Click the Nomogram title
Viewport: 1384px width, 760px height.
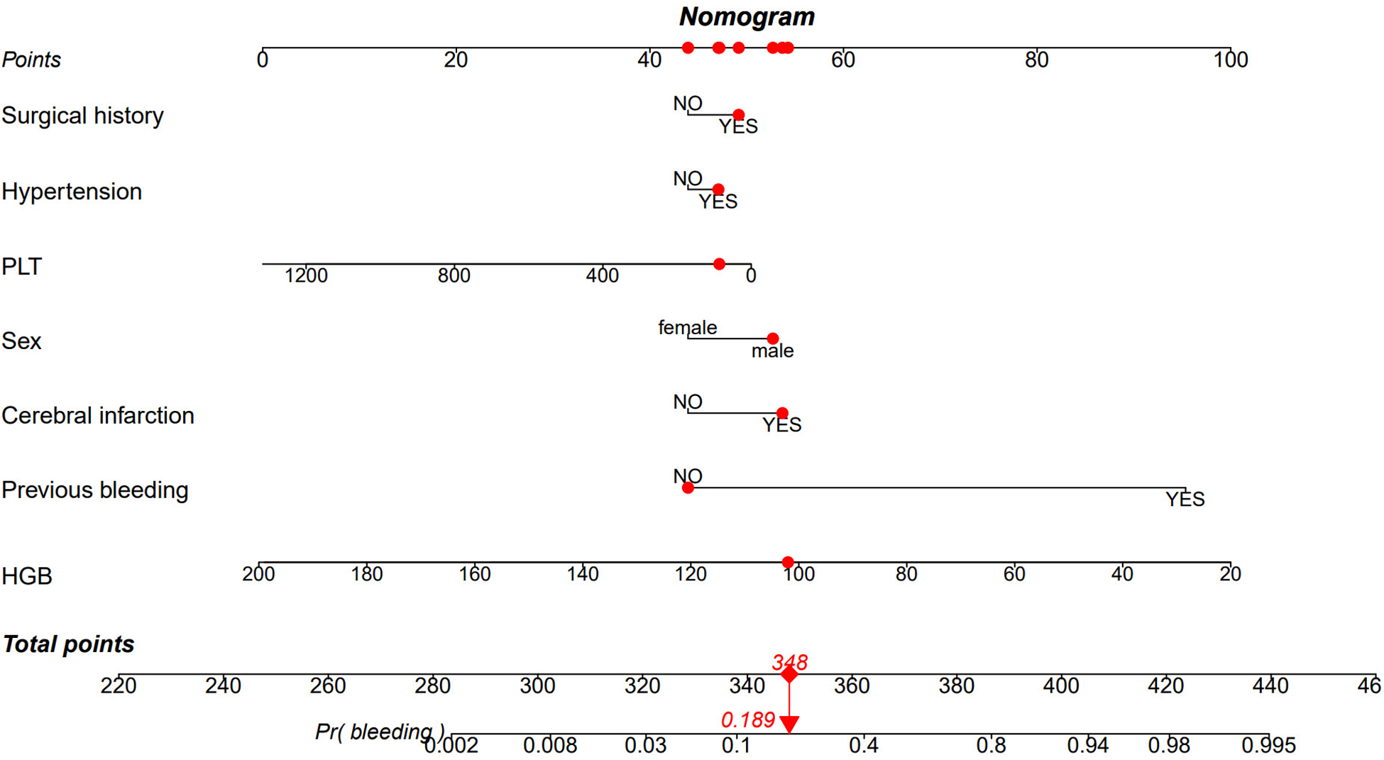747,16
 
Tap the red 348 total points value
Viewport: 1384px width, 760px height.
789,662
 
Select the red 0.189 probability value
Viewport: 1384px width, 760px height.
747,720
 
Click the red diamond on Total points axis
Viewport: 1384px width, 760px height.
789,675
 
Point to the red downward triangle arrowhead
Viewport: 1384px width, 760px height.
789,725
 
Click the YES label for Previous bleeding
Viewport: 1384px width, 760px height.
1185,500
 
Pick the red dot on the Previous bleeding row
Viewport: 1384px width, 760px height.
688,488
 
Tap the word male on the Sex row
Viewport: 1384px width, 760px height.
772,351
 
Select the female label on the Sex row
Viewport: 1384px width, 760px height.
687,328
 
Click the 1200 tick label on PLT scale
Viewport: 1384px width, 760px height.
306,276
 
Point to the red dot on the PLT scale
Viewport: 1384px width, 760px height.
719,264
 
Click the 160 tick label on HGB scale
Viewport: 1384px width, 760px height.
474,574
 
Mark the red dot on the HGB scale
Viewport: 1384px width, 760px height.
788,563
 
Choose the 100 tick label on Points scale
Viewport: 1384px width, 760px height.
1230,60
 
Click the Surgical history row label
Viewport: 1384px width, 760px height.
82,116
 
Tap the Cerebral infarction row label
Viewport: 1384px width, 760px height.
98,416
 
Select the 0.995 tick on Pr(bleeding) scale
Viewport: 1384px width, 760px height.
1268,746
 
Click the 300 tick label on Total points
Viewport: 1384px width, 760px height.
537,686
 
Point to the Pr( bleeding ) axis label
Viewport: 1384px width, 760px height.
380,732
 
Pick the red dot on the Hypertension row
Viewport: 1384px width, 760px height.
718,189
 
